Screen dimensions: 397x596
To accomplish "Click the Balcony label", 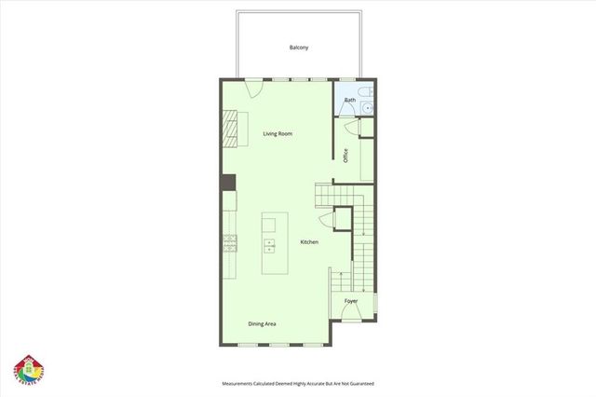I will click(x=298, y=47).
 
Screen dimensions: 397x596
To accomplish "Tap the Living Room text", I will click(x=278, y=133).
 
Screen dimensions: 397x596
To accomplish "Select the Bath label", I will click(x=350, y=100).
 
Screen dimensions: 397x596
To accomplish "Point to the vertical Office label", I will click(x=345, y=156).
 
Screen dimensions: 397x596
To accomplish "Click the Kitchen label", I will click(x=309, y=242).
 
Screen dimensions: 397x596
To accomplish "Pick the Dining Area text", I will click(x=262, y=323).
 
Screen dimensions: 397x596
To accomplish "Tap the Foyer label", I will click(x=351, y=301).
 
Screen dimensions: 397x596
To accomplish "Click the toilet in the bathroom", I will click(x=367, y=94).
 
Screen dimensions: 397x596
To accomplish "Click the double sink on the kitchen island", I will click(x=270, y=245).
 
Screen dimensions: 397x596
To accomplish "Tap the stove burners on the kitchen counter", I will click(x=228, y=245).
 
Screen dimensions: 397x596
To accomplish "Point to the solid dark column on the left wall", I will click(x=227, y=183).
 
